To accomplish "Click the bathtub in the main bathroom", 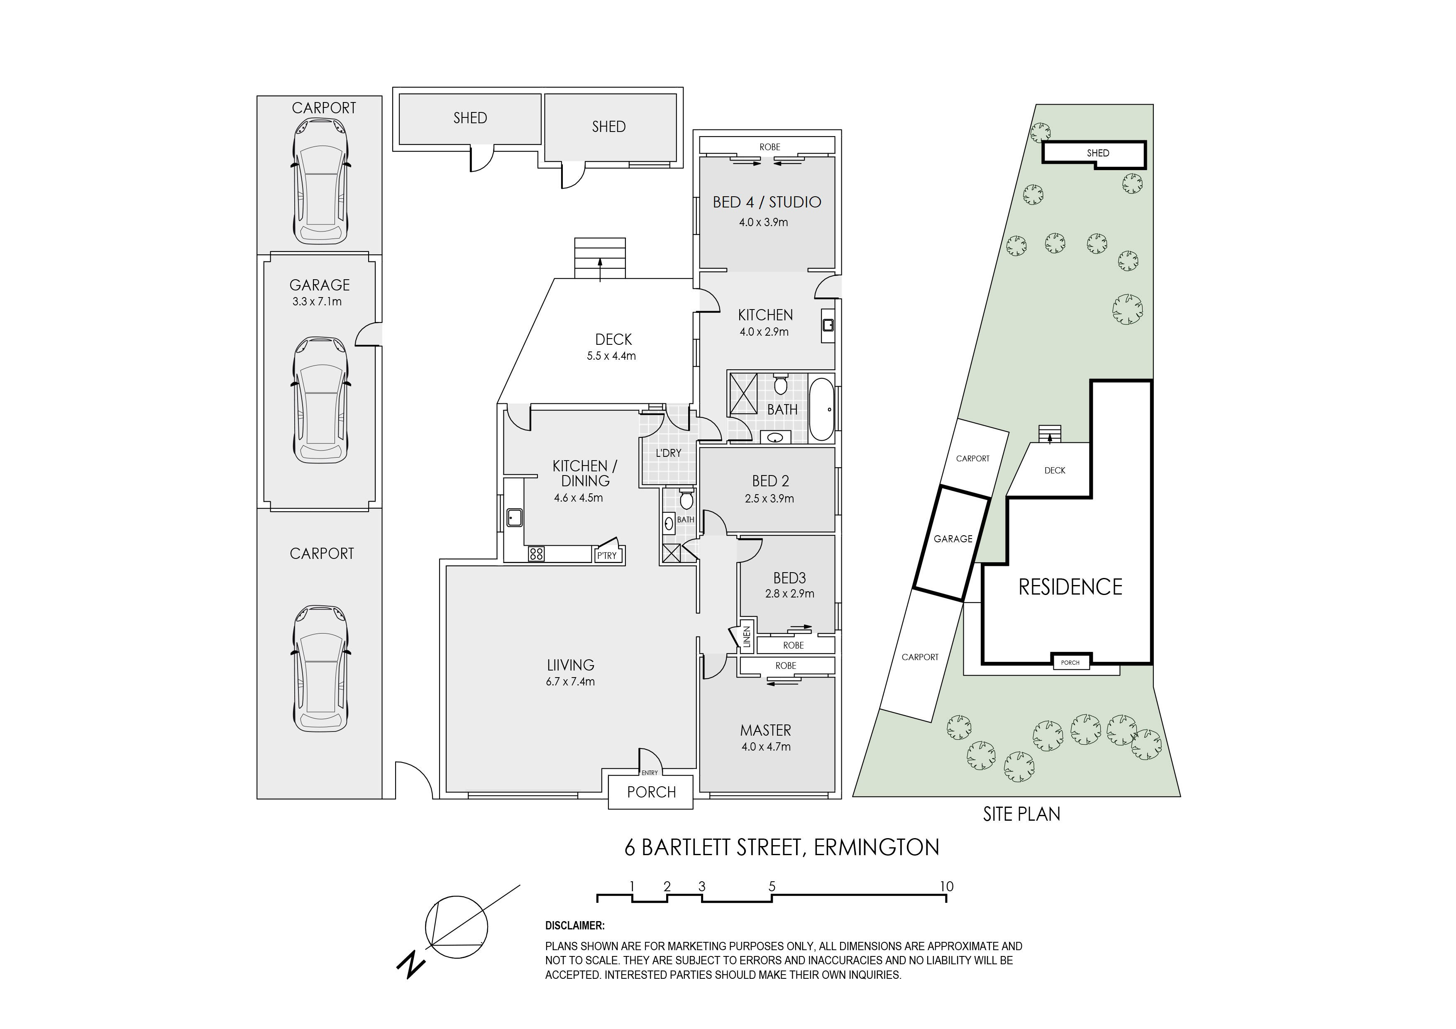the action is (x=821, y=409).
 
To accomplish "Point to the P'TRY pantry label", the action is (x=607, y=556).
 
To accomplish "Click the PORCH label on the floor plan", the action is (x=651, y=792).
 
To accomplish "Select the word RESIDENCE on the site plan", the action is (x=1070, y=587).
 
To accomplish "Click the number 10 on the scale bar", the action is (x=946, y=886).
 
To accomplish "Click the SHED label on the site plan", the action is (x=1098, y=153).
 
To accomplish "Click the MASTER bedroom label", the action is (x=765, y=730).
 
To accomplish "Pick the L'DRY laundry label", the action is (x=668, y=453).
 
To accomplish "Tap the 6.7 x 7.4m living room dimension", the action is (x=570, y=682).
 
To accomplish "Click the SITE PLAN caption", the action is (x=1021, y=814).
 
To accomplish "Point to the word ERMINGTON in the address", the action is (x=877, y=848).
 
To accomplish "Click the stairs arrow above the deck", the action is (x=600, y=269).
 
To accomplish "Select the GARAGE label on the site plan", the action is (x=953, y=539).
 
